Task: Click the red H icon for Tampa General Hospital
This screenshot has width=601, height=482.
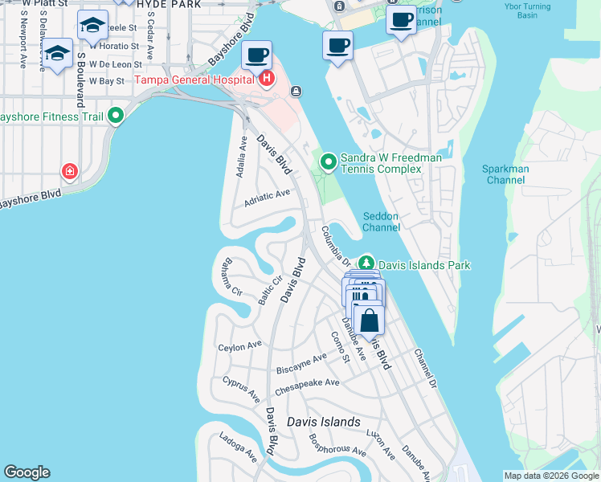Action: point(266,79)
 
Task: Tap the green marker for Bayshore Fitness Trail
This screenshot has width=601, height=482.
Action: point(117,116)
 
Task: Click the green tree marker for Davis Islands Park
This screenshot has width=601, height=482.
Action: point(366,263)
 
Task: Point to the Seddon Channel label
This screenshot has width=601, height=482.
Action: point(380,222)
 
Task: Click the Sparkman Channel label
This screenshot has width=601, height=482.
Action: point(504,175)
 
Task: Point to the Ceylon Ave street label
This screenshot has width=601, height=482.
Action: point(240,346)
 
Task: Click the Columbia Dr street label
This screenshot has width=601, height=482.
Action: point(335,245)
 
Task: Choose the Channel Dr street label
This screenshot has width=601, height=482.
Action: point(424,369)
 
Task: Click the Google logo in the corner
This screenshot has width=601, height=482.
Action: point(27,472)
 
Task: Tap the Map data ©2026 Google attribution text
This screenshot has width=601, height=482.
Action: point(550,476)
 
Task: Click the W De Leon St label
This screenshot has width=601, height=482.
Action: point(114,64)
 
